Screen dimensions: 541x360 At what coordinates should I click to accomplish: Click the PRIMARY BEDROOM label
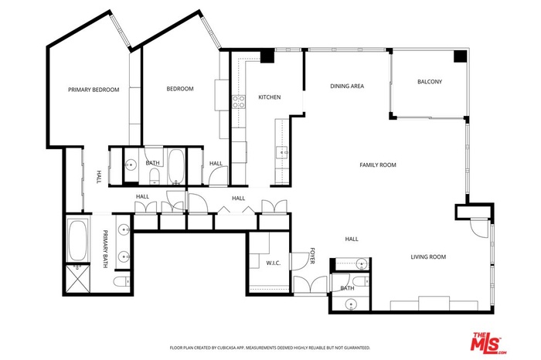coord(94,90)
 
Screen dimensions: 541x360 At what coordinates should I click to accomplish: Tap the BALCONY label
coord(430,82)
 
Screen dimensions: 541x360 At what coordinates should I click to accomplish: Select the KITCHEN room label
coord(270,97)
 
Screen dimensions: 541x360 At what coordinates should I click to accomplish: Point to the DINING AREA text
coord(347,86)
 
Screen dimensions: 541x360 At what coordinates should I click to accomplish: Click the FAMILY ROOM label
coord(378,165)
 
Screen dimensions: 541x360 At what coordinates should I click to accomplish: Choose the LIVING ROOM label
coord(428,256)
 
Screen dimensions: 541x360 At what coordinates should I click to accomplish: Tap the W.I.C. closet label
coord(274,263)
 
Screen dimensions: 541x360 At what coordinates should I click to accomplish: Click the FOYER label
coord(312,256)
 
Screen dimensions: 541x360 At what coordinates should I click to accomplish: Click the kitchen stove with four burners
coord(238,102)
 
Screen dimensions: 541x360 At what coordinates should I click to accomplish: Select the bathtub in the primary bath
coord(77,241)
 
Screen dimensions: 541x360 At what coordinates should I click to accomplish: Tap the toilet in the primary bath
coord(121,281)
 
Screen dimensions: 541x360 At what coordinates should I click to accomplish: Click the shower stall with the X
coord(77,279)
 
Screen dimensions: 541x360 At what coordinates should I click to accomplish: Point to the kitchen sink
coord(282,151)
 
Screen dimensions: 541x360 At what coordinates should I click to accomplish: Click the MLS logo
coord(488,343)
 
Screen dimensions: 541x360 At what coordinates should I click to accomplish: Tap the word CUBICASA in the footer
coord(226,348)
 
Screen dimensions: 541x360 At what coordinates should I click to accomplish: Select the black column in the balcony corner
coord(460,56)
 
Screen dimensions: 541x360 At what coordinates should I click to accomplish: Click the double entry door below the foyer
coord(310,285)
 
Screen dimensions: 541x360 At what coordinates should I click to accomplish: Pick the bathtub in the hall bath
coord(176,166)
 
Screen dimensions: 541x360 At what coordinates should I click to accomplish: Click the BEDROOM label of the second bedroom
coord(180,89)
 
